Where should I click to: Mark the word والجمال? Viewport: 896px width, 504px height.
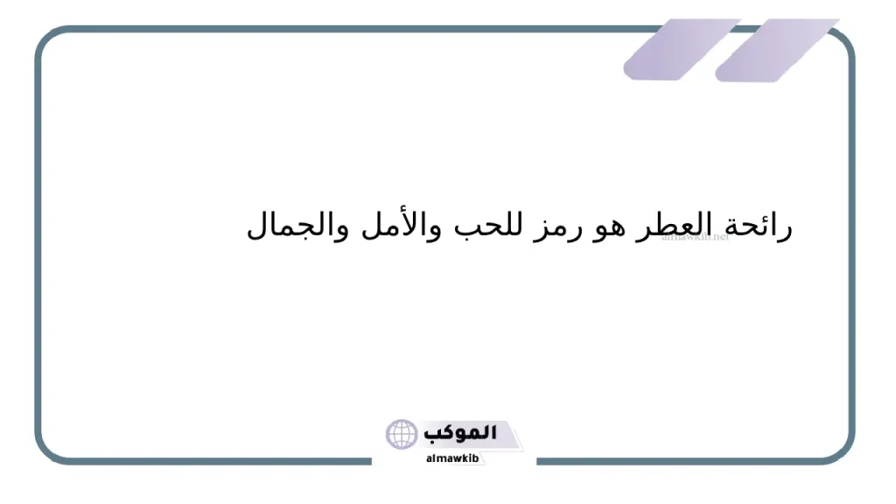291,226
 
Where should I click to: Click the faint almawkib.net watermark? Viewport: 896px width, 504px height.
696,236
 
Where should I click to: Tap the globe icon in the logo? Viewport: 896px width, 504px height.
402,435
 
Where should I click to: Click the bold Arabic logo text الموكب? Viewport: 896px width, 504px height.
460,433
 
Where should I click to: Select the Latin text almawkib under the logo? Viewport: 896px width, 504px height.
452,458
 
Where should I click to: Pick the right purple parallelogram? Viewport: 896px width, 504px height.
775,50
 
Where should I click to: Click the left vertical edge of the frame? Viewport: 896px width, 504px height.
38,245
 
